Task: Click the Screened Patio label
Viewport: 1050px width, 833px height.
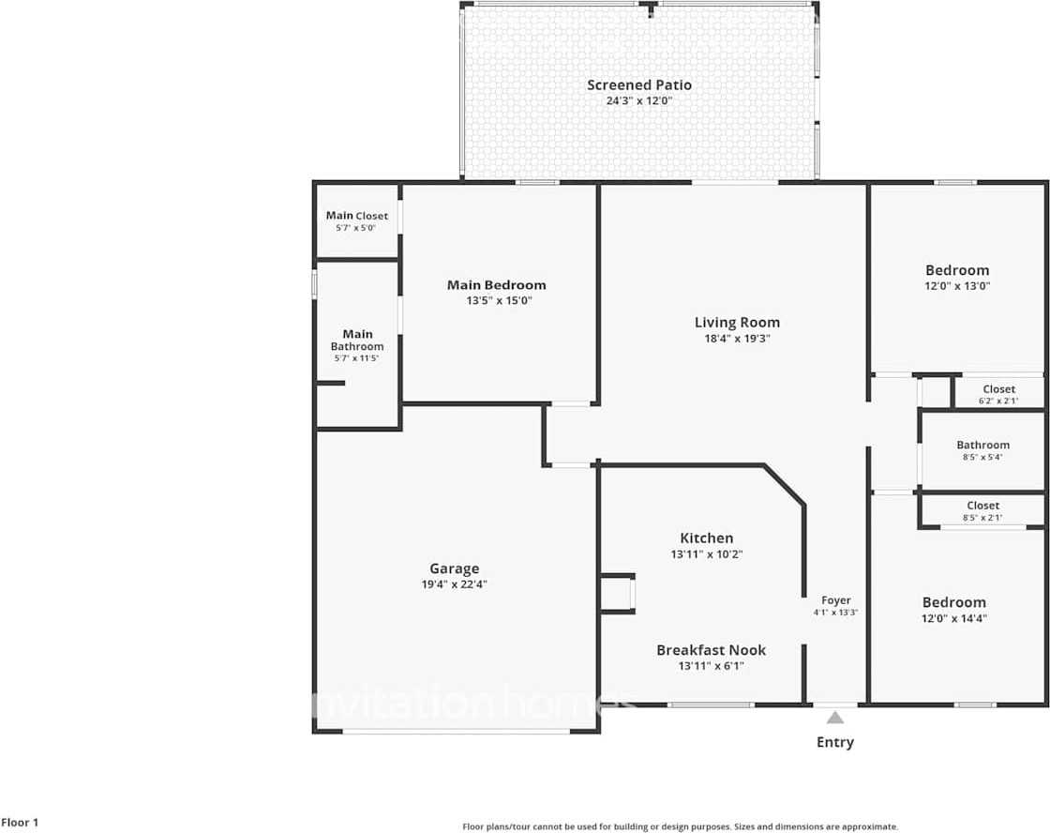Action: point(639,84)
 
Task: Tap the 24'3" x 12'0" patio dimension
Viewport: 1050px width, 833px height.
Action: point(639,100)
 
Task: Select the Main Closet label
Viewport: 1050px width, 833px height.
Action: point(356,216)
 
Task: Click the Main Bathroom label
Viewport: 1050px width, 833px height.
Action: point(357,340)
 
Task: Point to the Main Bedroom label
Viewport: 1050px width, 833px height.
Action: point(496,285)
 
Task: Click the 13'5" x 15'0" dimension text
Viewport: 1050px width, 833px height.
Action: point(496,301)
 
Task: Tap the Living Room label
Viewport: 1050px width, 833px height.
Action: point(737,323)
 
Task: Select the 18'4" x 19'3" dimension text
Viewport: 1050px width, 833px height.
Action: point(737,339)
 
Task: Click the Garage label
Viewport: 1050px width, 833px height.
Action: point(454,568)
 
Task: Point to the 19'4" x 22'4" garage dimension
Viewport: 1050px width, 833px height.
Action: point(454,584)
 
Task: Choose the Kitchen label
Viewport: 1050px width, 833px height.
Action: point(706,538)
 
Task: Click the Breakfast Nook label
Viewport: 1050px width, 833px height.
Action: point(711,650)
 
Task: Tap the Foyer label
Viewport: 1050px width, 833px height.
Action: point(835,600)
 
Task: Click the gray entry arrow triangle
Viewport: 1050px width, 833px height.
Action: point(834,719)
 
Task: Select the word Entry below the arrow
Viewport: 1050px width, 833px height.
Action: point(834,742)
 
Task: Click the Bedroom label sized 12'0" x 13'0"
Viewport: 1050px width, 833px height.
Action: point(957,270)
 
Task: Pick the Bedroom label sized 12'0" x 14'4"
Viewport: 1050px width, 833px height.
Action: point(953,602)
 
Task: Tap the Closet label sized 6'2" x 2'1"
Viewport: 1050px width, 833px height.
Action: point(998,389)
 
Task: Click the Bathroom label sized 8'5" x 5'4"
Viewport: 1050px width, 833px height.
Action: point(982,445)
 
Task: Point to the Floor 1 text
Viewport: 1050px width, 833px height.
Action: point(20,823)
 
